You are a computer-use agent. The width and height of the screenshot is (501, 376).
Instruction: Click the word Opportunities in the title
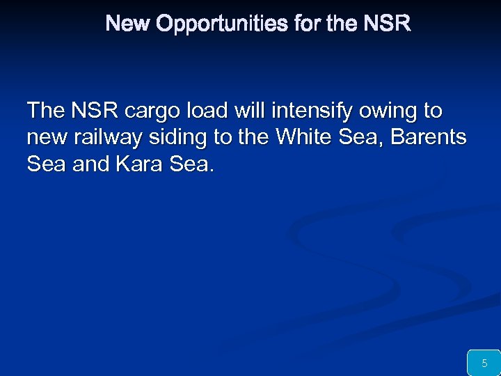point(223,24)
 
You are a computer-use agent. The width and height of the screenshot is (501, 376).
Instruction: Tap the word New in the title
point(129,24)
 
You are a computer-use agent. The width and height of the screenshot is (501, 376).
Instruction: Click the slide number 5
point(484,363)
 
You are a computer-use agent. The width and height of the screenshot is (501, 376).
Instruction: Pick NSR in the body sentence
point(94,111)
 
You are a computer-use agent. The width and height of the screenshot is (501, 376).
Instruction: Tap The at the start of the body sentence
point(45,111)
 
